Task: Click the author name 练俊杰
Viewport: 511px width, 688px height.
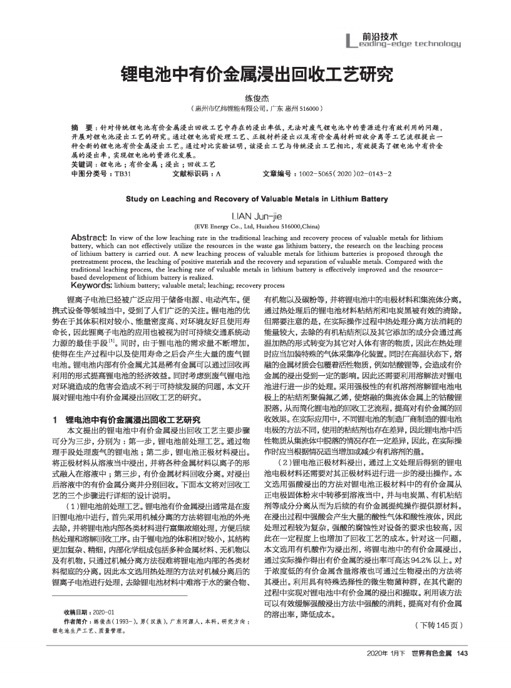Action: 256,98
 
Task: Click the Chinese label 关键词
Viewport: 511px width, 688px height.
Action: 84,164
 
